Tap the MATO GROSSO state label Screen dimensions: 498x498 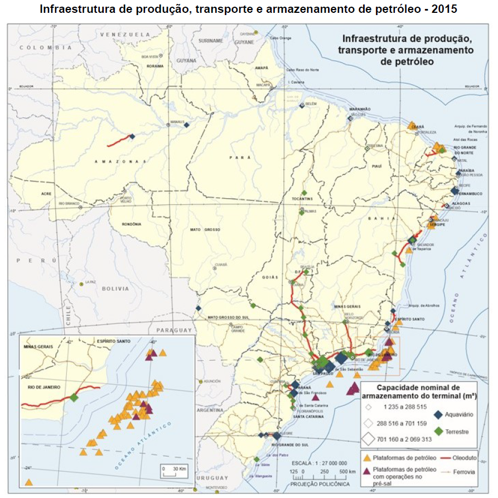(x=205, y=229)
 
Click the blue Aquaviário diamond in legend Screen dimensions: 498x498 (x=438, y=414)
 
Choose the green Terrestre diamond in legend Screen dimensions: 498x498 (x=438, y=431)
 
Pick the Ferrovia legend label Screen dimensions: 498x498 (x=465, y=471)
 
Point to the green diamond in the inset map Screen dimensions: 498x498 (x=74, y=398)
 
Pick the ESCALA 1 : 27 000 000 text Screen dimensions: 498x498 (x=319, y=463)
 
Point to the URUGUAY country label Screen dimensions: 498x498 (x=214, y=478)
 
